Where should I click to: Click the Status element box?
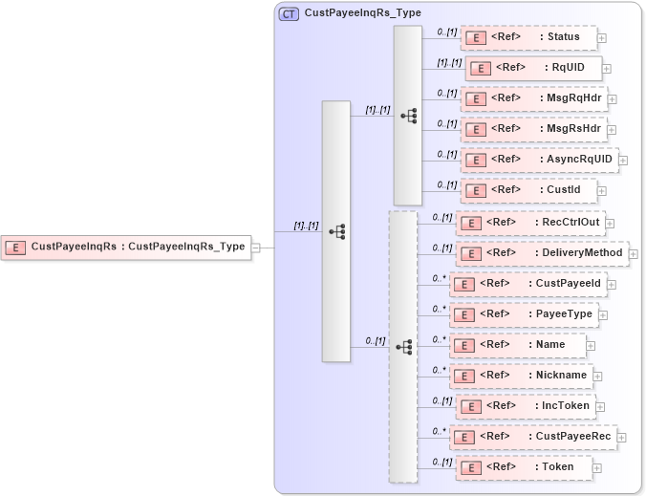[x=528, y=38]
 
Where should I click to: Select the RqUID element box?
[x=533, y=68]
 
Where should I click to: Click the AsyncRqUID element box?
[x=539, y=159]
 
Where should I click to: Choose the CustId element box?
[x=528, y=190]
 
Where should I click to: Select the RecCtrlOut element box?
[x=529, y=223]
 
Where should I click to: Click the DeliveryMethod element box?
[x=541, y=253]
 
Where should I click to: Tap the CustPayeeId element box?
[x=528, y=284]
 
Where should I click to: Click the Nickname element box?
[x=522, y=376]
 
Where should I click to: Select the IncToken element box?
[x=526, y=406]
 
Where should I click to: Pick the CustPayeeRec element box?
[x=532, y=437]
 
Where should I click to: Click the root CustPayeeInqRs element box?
[x=125, y=247]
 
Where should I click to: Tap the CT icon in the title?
[x=289, y=14]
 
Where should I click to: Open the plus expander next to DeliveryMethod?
[x=633, y=254]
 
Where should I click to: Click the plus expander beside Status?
[x=602, y=39]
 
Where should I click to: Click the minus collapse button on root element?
[x=256, y=248]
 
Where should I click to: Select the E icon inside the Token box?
[x=471, y=467]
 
